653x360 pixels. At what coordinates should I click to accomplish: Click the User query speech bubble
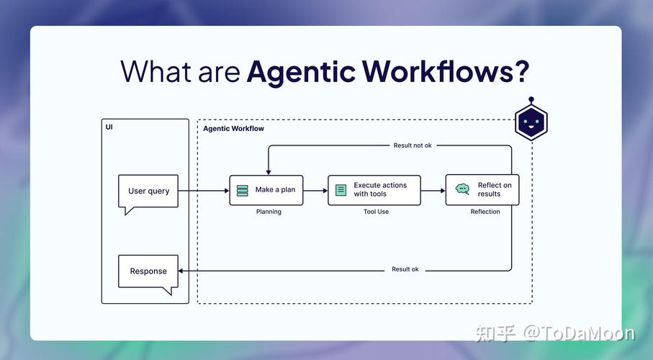(148, 192)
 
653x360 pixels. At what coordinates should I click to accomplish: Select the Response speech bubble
(148, 271)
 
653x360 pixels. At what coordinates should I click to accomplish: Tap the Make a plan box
(266, 190)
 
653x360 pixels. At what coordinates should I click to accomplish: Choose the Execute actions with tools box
(374, 190)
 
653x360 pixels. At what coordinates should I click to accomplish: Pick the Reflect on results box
(482, 190)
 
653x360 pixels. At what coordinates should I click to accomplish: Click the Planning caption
(269, 212)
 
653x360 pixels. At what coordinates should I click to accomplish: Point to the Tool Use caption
(376, 212)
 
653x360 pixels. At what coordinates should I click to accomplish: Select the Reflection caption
(485, 212)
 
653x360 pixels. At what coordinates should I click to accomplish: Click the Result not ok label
(413, 145)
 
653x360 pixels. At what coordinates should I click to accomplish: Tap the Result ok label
(405, 269)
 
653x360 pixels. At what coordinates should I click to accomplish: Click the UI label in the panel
(109, 127)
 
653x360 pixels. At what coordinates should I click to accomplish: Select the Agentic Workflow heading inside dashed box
(233, 129)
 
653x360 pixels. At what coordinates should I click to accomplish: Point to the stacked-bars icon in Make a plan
(243, 191)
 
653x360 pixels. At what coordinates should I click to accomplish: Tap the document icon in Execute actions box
(341, 191)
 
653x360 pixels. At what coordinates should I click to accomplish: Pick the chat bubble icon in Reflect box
(462, 189)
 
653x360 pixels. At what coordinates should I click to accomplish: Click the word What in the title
(154, 72)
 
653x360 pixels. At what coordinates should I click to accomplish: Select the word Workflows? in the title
(446, 72)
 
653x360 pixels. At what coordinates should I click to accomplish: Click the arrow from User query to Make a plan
(203, 191)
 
